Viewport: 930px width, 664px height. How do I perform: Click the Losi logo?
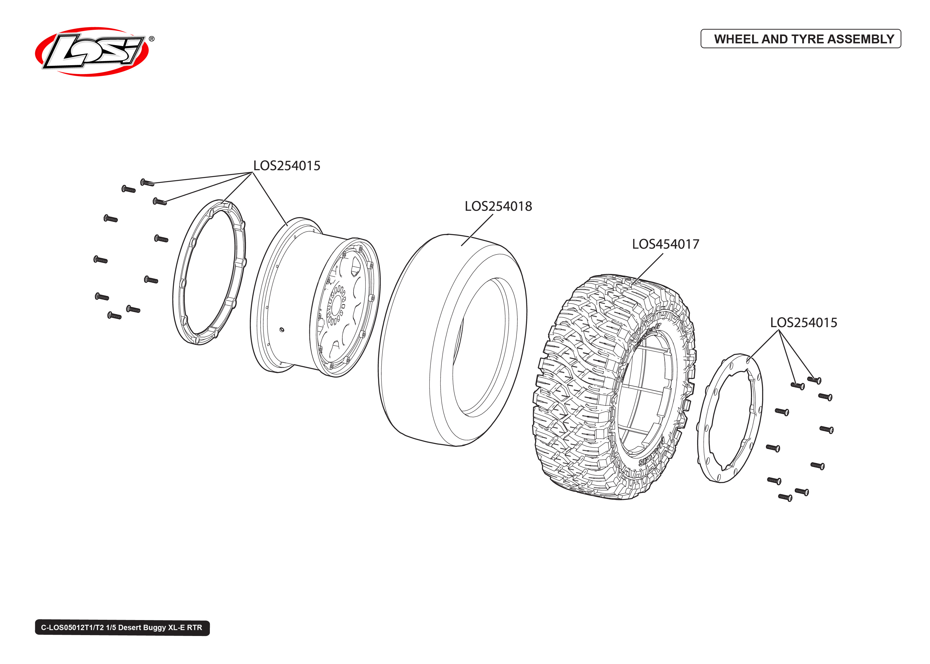pyautogui.click(x=92, y=52)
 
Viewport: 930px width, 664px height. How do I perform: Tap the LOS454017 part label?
pyautogui.click(x=665, y=244)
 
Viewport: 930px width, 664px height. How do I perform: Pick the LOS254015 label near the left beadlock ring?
pyautogui.click(x=286, y=165)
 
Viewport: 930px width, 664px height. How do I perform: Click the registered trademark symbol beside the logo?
pyautogui.click(x=151, y=39)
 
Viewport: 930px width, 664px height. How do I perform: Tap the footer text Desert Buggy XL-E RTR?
pyautogui.click(x=154, y=628)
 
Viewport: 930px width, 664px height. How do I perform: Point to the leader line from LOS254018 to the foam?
pyautogui.click(x=477, y=230)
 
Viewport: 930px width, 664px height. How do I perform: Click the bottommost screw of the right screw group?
pyautogui.click(x=785, y=498)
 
